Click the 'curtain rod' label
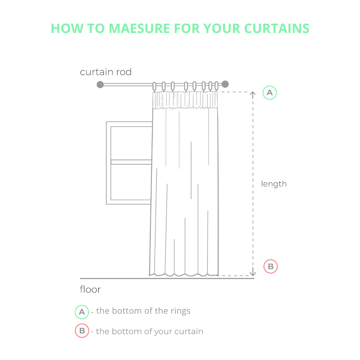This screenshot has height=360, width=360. [106, 72]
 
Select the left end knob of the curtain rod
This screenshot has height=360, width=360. [100, 84]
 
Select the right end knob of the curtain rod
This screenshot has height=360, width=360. [225, 84]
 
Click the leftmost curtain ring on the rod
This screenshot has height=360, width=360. [154, 86]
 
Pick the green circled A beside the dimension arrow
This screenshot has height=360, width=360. [270, 93]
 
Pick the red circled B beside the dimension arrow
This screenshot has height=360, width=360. [270, 266]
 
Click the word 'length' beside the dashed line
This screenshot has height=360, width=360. [274, 184]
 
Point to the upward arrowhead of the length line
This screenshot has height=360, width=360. [253, 94]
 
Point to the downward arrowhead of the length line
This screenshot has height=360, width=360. [253, 273]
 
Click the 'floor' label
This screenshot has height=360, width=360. [90, 290]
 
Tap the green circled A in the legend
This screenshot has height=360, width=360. [82, 312]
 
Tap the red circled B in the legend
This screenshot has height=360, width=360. [82, 331]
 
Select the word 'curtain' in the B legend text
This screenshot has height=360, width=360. [189, 331]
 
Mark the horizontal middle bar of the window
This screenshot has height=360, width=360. [131, 162]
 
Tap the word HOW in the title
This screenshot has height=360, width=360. [67, 28]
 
